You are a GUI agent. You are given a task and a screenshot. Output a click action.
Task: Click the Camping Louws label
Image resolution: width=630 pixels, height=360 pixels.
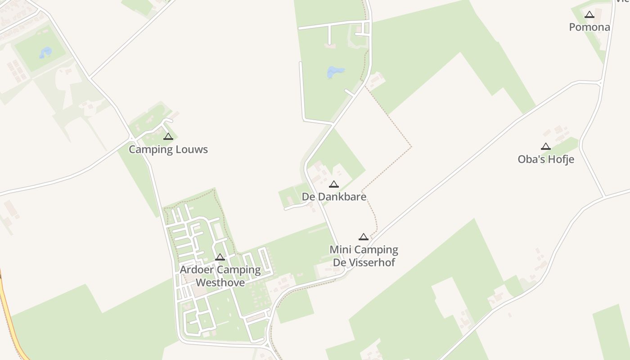point(168,149)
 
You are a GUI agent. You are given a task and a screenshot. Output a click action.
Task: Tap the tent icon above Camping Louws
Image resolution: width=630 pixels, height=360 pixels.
point(168,136)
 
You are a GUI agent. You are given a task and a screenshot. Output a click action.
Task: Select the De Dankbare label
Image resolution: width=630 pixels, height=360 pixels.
point(334,197)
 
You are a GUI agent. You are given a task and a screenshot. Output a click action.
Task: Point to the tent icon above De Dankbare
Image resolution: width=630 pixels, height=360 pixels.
point(333,184)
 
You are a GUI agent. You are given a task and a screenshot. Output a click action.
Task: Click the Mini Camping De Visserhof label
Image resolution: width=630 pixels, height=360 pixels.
point(364,256)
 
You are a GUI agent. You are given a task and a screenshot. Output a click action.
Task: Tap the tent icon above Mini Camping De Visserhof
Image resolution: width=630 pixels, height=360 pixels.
point(364,237)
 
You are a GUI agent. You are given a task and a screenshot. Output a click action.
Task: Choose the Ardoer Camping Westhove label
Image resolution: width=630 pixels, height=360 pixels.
point(220,276)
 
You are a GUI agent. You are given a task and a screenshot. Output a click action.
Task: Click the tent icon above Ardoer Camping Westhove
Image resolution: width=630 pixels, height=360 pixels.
point(220,257)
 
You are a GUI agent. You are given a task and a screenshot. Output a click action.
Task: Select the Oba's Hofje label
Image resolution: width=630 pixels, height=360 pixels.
point(546,159)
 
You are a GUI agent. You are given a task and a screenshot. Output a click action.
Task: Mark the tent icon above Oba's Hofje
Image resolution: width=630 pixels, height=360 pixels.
point(546,146)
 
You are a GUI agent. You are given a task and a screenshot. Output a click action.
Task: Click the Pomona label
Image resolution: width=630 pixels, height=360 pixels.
point(589,27)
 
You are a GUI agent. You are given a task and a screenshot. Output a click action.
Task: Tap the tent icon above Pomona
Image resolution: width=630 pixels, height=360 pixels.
point(589,14)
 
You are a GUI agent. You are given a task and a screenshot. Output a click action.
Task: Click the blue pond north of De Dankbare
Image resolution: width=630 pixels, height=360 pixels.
point(335,72)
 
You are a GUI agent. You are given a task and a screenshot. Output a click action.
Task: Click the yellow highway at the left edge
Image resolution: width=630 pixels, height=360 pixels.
point(9,306)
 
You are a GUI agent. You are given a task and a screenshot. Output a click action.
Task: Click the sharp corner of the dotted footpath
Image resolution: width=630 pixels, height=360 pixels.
point(411,147)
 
